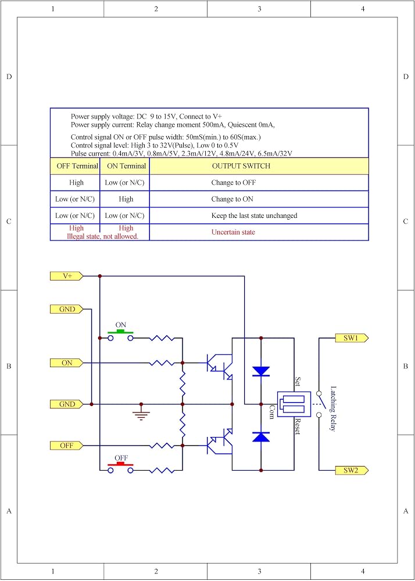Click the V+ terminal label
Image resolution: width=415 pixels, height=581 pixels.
(x=67, y=276)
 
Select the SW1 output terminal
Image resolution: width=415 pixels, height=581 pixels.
(x=352, y=338)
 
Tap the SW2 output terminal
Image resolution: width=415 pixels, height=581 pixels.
(x=352, y=471)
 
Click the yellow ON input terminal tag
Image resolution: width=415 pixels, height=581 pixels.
(x=67, y=363)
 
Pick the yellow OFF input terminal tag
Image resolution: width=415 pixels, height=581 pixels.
(x=67, y=446)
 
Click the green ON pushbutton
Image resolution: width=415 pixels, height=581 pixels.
(x=120, y=334)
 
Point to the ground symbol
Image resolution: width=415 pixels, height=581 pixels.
(x=141, y=413)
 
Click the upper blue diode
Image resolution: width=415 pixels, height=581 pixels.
(x=261, y=371)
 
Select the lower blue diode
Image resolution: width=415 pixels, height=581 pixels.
(x=261, y=437)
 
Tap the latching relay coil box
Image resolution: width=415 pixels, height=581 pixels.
(x=294, y=404)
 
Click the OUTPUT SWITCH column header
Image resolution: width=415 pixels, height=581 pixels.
(x=241, y=166)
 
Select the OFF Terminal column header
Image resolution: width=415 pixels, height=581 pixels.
(x=77, y=166)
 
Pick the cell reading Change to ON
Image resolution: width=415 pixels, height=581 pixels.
(x=232, y=199)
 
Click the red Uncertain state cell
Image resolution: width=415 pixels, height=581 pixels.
(x=233, y=232)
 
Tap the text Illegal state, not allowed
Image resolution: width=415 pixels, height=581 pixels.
(x=102, y=236)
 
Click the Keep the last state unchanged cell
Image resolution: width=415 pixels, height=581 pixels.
(x=254, y=216)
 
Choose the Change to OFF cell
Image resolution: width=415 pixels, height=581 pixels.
(x=234, y=182)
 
